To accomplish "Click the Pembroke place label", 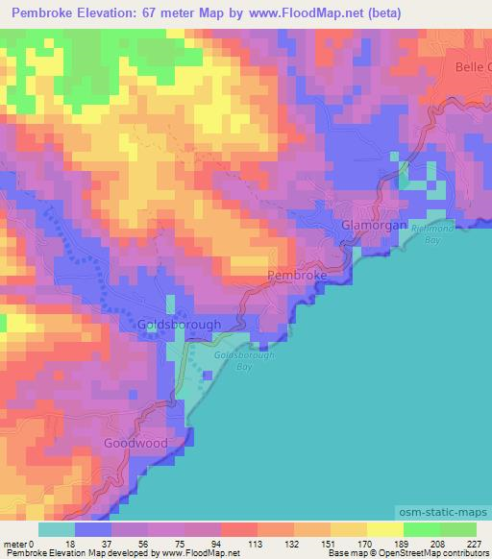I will [298, 276].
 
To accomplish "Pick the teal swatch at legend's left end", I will [57, 528].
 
